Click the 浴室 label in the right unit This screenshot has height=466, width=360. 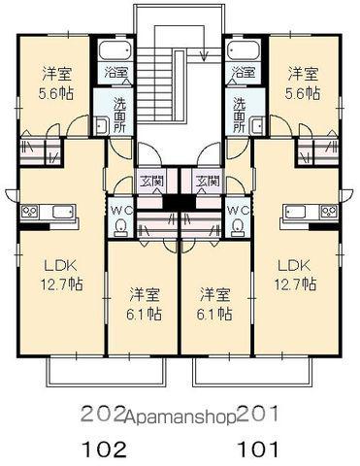tap(245, 73)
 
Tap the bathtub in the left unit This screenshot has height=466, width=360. tap(115, 52)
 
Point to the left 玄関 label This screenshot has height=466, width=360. tap(151, 182)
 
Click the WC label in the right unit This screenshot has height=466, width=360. tap(237, 210)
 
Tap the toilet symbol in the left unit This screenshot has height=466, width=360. tap(120, 228)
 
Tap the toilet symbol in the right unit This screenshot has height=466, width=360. tap(237, 228)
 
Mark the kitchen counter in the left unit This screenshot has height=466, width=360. tap(47, 212)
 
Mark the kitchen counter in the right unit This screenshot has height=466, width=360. tap(310, 212)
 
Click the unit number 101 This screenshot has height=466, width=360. tap(259, 449)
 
